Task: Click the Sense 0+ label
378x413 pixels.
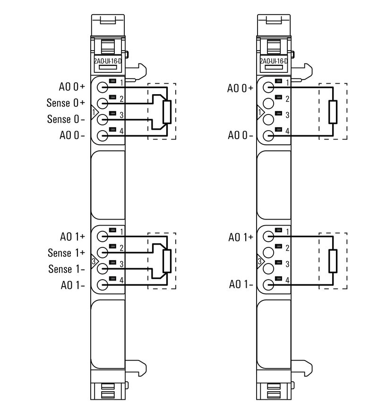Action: pos(66,103)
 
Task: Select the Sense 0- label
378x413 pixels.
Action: pos(66,119)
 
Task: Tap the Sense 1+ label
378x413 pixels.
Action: pos(66,253)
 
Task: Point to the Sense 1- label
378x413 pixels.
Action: pos(66,269)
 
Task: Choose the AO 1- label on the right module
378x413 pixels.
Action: pos(241,284)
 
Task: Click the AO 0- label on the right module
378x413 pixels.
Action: pos(241,135)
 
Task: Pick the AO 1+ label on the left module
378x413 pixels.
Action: pos(72,237)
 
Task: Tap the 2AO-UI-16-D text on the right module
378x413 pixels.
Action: pos(274,61)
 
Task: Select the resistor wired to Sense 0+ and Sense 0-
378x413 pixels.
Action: pos(166,112)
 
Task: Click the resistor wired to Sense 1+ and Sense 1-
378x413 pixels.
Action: pos(166,261)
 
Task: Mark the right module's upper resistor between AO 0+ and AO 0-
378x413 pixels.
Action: pos(333,112)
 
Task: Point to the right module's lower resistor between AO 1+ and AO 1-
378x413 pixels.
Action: pos(333,261)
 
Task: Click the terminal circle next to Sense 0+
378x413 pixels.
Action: pos(103,103)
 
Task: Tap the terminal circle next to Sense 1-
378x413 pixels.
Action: pos(103,269)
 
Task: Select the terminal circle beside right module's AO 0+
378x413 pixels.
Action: pos(268,87)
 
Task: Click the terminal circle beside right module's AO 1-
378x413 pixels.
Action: pos(268,284)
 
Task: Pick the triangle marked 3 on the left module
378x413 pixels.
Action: pos(94,261)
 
